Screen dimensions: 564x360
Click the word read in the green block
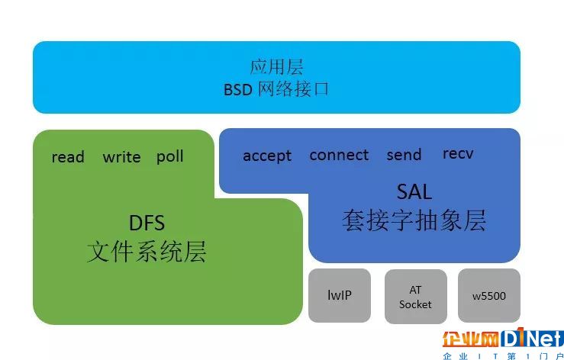click(68, 157)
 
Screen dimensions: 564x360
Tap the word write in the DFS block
click(121, 157)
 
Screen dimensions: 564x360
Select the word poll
click(169, 156)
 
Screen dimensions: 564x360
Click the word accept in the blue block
click(267, 156)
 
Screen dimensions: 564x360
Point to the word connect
click(339, 155)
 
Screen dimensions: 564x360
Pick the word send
click(404, 155)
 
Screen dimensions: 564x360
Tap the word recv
click(458, 153)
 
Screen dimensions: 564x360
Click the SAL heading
click(414, 191)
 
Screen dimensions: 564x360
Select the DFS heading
click(147, 223)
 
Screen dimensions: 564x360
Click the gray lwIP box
click(340, 295)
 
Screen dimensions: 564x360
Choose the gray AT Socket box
click(416, 297)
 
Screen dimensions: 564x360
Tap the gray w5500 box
click(489, 296)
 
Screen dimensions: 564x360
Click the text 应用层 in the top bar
click(276, 67)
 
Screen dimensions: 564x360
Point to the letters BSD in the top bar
click(238, 89)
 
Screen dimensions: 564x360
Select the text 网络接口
click(294, 88)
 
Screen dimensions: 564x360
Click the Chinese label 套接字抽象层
click(414, 220)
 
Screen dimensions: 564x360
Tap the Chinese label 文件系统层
click(147, 252)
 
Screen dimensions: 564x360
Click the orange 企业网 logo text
click(471, 339)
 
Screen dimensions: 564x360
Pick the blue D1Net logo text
click(532, 337)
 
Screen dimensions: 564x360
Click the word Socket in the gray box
click(415, 304)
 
